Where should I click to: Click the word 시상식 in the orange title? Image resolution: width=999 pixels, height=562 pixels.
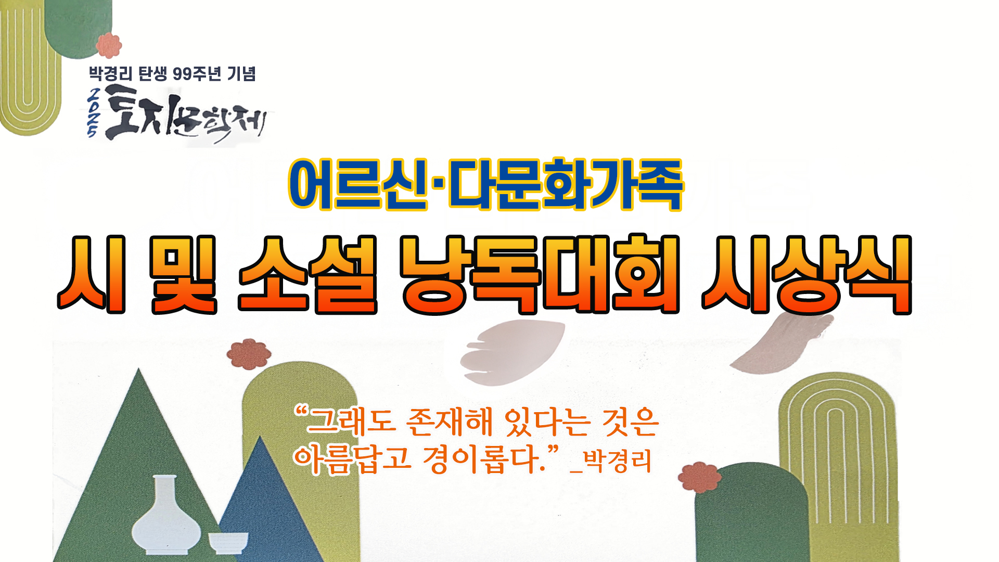pyautogui.click(x=806, y=275)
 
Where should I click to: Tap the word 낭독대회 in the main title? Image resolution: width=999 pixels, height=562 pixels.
pyautogui.click(x=540, y=275)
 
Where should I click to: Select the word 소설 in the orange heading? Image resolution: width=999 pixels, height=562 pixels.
pyautogui.click(x=308, y=275)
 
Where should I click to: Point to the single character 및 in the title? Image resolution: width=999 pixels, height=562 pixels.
pyautogui.click(x=183, y=275)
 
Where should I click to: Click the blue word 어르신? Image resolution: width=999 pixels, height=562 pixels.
pyautogui.click(x=358, y=185)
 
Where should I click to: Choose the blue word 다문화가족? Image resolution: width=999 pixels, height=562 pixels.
pyautogui.click(x=566, y=185)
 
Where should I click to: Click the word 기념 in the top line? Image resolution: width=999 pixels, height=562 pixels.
pyautogui.click(x=241, y=74)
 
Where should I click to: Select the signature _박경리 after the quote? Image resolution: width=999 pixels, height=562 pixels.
pyautogui.click(x=611, y=461)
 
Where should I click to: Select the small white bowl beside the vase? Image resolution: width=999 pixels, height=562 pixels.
pyautogui.click(x=228, y=542)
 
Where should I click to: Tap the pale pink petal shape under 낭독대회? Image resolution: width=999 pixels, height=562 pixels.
pyautogui.click(x=513, y=351)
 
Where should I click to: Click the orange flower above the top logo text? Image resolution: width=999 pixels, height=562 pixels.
pyautogui.click(x=109, y=45)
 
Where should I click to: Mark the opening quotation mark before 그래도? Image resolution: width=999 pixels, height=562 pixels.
pyautogui.click(x=301, y=412)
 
